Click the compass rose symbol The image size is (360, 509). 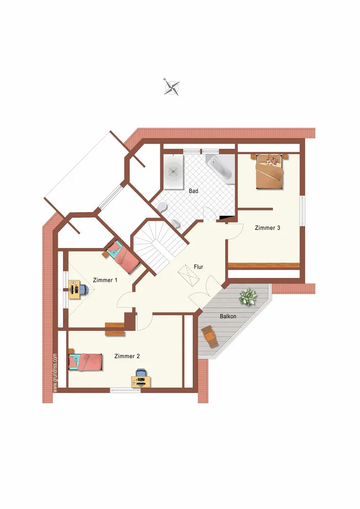coord(172,87)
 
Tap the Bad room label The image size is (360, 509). coord(194,191)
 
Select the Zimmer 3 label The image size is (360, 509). coord(267,228)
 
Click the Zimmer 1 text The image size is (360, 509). coord(105,280)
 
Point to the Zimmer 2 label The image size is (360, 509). coord(127,356)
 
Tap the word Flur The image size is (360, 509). coord(198,267)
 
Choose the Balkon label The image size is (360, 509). coord(228,316)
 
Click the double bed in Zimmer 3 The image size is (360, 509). coord(270,171)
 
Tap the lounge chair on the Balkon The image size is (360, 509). coord(209,337)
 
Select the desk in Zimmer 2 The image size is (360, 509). coord(141,382)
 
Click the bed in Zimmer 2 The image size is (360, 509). coord(85,361)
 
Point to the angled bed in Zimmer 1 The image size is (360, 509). coord(122,256)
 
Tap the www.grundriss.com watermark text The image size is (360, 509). coord(55,373)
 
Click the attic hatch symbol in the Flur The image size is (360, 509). coord(188,275)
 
